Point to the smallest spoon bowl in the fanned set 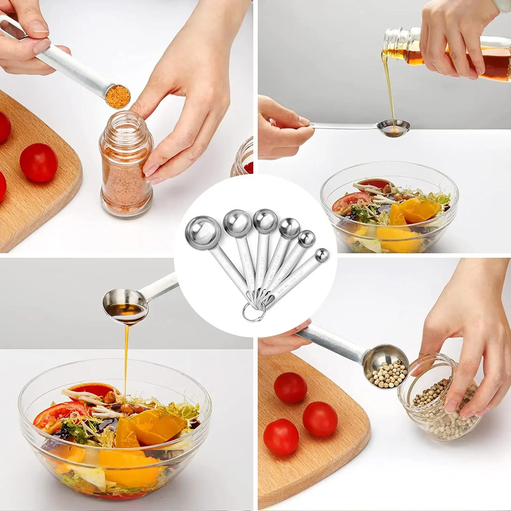pos(322,255)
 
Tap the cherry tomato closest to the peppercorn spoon pos(290,387)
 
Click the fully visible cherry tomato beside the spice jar pos(38,162)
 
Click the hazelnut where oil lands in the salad pos(126,408)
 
